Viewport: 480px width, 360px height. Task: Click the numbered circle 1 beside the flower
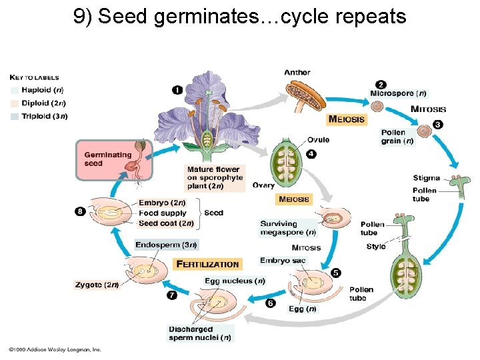click(177, 90)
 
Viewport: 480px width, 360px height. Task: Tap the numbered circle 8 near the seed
click(81, 211)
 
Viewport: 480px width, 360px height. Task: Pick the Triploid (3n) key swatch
click(15, 116)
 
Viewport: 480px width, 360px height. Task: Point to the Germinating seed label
click(107, 159)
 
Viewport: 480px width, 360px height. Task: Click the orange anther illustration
click(305, 96)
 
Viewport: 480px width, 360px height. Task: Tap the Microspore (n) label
click(398, 94)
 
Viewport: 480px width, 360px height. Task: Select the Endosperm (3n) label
click(166, 245)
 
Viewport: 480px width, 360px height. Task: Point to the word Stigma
click(426, 178)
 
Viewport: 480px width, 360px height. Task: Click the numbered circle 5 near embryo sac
click(335, 273)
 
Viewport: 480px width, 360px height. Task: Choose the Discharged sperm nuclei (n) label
click(200, 333)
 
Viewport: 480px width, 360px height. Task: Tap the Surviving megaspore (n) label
click(288, 228)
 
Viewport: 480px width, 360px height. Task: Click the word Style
click(376, 247)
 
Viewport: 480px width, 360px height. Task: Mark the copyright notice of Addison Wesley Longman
click(55, 349)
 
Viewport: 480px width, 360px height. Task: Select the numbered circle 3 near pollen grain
click(437, 125)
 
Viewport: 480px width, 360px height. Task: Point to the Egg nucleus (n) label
click(235, 281)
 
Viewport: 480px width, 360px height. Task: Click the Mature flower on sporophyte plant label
click(214, 178)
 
